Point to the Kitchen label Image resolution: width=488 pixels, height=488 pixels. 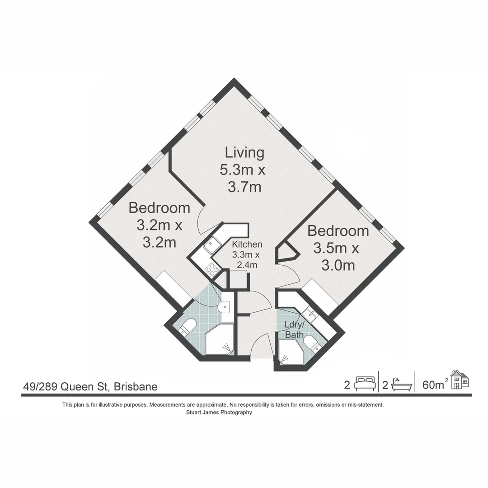pyautogui.click(x=247, y=244)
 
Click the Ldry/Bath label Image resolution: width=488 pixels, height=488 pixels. pyautogui.click(x=294, y=329)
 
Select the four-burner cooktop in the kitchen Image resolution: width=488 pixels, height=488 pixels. pyautogui.click(x=211, y=269)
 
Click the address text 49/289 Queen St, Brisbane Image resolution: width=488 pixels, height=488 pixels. pyautogui.click(x=90, y=386)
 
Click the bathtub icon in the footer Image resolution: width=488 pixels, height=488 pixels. pyautogui.click(x=402, y=385)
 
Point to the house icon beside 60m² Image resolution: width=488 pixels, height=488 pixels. pyautogui.click(x=460, y=380)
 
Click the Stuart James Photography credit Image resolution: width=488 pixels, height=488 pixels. pyautogui.click(x=219, y=412)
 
